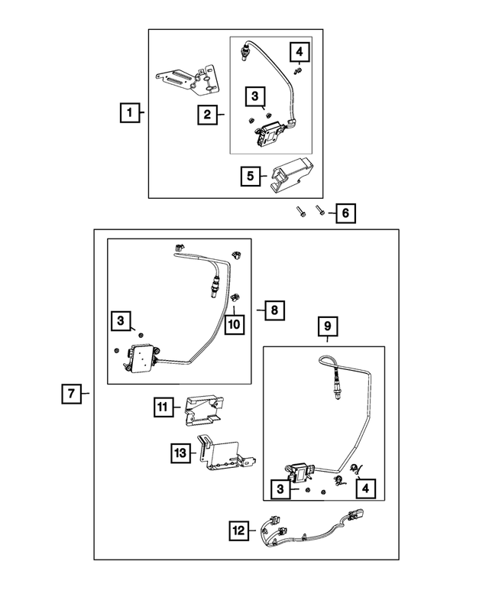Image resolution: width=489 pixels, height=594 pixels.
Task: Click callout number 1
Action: point(130,113)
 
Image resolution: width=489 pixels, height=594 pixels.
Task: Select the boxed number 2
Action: point(206,115)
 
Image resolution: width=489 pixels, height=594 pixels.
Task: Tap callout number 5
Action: point(250,176)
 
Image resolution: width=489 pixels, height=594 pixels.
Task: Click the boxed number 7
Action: point(70,394)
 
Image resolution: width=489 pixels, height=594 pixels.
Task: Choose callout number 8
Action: point(274,310)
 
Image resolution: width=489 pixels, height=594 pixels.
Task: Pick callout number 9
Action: point(327,326)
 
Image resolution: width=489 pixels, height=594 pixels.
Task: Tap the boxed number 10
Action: point(234,324)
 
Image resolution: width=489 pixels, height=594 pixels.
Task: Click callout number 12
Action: point(239,528)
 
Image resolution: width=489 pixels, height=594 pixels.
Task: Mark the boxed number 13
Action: point(179,453)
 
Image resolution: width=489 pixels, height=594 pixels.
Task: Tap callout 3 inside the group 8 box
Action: point(121,322)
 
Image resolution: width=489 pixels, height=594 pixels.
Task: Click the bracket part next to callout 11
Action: point(202,409)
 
